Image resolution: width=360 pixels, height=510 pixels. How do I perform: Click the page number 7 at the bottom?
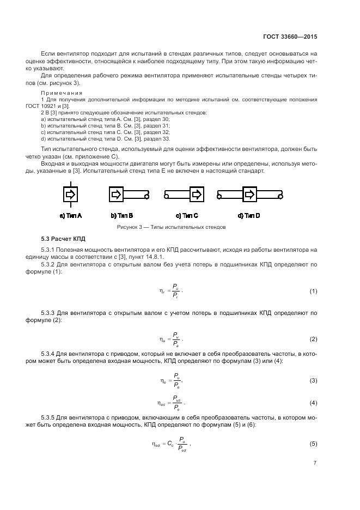click(315, 463)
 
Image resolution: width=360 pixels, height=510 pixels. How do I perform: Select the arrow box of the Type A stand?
click(71, 195)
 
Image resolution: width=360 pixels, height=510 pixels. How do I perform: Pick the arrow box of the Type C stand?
click(197, 195)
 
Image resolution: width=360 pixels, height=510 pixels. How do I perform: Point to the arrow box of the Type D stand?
click(249, 195)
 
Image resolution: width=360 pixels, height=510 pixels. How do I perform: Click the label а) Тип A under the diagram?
click(71, 216)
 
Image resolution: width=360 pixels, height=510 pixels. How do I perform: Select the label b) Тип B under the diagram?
click(122, 216)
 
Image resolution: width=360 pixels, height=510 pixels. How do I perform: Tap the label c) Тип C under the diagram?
click(187, 216)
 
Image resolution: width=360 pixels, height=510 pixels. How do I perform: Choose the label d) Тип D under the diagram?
click(248, 216)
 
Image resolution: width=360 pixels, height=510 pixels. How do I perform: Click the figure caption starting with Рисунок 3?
click(172, 227)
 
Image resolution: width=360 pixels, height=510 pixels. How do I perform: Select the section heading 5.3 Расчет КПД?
click(63, 239)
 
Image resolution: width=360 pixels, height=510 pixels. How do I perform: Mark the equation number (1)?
click(313, 292)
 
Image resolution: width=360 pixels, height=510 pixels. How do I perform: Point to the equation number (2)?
click(313, 339)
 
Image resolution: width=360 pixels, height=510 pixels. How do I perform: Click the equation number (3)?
click(313, 380)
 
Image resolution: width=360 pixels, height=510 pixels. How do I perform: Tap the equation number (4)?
click(313, 403)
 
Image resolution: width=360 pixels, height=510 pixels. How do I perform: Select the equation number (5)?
click(313, 444)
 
